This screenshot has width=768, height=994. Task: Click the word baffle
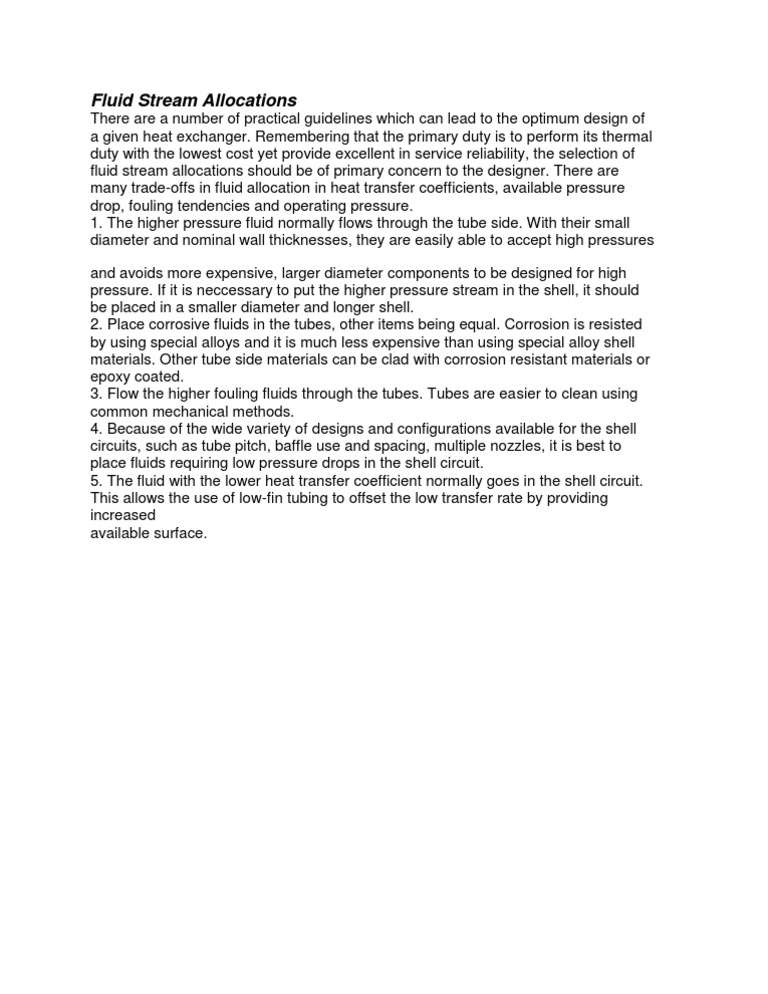point(315,445)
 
